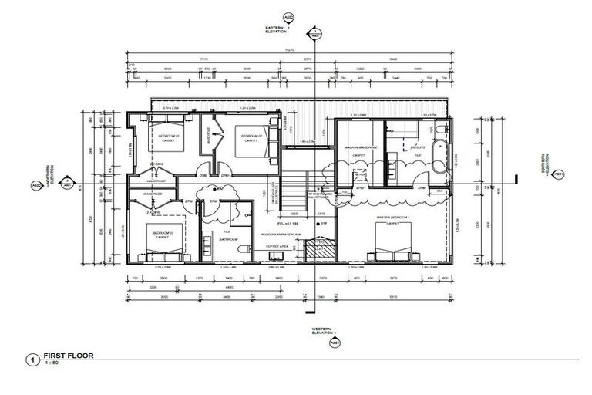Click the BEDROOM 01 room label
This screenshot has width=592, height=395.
click(x=168, y=136)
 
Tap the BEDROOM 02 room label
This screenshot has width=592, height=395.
click(x=248, y=136)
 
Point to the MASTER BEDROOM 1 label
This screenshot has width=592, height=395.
click(x=393, y=218)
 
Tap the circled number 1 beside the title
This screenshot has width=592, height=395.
click(x=32, y=360)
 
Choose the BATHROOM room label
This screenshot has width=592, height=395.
click(x=229, y=239)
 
